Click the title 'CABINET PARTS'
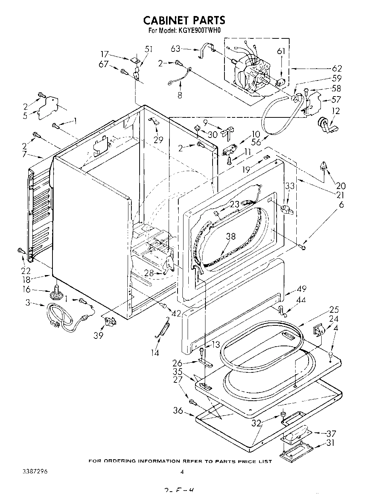185,19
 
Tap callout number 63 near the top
176,49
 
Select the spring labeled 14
163,327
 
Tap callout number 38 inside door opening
231,236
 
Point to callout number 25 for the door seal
334,309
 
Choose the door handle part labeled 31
292,453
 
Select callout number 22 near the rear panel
26,270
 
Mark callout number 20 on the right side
341,186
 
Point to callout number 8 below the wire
180,95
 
